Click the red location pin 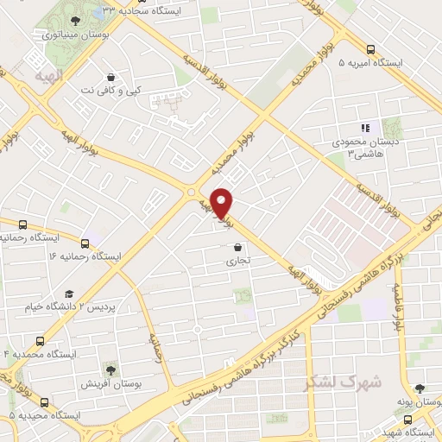tap(222, 202)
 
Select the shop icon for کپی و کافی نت tap(110, 75)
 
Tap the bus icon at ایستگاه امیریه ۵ tap(370, 49)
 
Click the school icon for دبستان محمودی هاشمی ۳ tap(364, 127)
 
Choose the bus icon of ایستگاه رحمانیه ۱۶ tap(85, 243)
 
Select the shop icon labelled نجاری tap(237, 245)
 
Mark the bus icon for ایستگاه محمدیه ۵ tap(45, 401)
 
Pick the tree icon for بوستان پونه tap(419, 388)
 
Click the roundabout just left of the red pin tap(192, 192)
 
